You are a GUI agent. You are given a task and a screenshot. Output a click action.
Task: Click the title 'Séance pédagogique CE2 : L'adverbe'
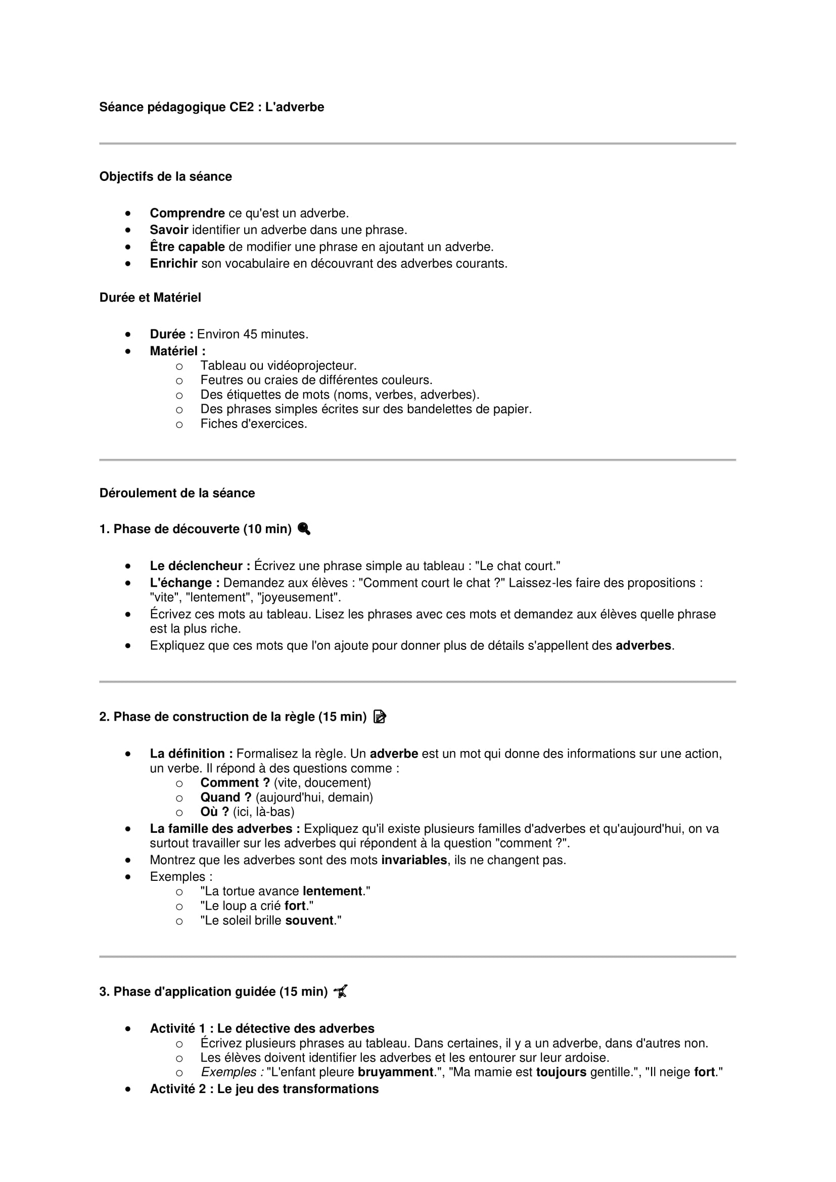[212, 107]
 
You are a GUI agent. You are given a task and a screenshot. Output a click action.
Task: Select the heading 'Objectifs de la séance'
[165, 176]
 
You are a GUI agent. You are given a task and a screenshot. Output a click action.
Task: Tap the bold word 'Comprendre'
[187, 213]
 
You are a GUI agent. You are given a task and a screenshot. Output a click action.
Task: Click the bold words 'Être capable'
[187, 247]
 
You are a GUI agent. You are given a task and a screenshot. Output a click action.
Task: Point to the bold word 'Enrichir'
[173, 264]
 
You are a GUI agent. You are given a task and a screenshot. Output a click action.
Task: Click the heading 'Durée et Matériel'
[150, 298]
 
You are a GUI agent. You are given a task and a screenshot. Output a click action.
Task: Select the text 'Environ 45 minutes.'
[252, 335]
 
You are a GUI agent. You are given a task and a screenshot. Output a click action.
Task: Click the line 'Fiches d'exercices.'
[253, 424]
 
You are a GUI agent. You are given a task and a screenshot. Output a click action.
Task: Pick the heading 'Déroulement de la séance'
[176, 493]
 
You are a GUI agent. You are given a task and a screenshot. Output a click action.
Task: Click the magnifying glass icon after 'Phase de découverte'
[304, 529]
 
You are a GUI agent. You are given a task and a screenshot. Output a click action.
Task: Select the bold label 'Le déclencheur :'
[200, 566]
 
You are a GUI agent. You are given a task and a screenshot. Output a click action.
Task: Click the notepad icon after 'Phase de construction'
[380, 717]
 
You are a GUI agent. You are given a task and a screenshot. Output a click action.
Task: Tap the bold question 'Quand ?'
[225, 797]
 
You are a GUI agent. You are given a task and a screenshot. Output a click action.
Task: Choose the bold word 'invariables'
[414, 860]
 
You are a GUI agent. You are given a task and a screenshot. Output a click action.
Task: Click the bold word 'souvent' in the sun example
[309, 920]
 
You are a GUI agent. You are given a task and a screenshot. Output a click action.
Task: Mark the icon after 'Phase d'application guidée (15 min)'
[341, 991]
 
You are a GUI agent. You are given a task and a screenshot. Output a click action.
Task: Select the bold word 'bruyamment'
[395, 1072]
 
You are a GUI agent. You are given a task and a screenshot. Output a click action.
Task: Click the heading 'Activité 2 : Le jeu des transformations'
[264, 1089]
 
